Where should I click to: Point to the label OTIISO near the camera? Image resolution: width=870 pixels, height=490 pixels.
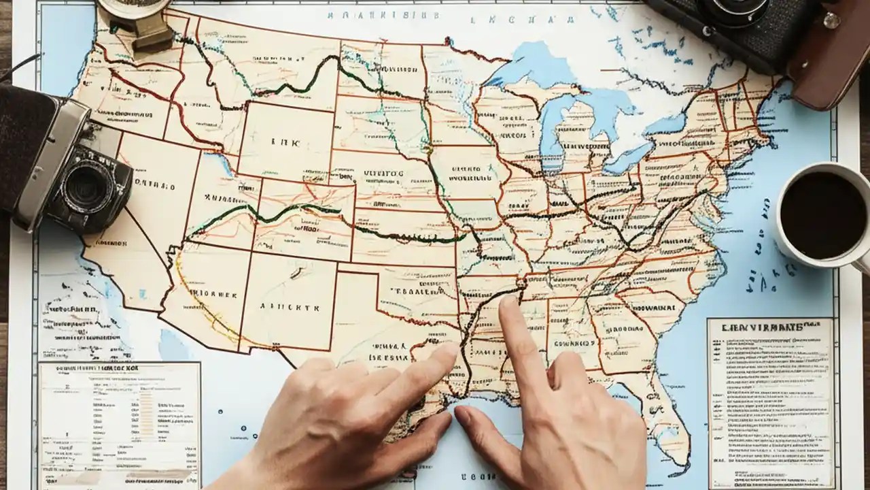pyautogui.click(x=155, y=186)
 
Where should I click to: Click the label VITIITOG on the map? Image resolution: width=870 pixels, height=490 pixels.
pyautogui.click(x=383, y=174)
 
